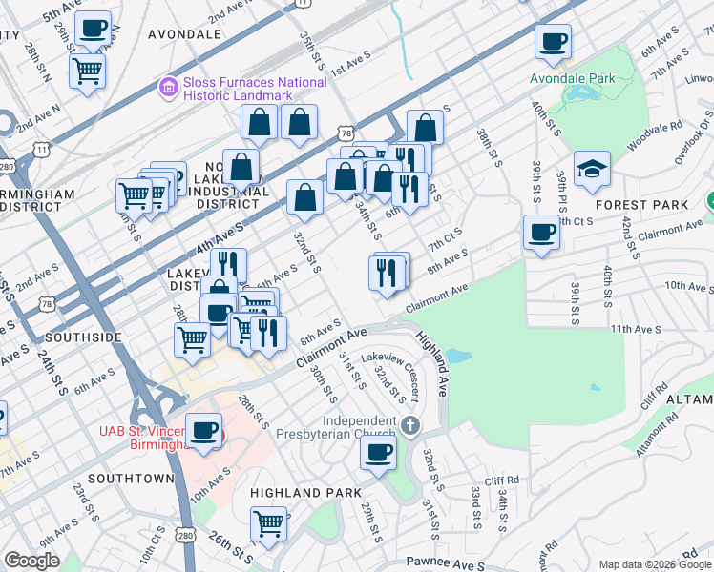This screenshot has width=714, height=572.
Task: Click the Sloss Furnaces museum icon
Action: [x=169, y=89]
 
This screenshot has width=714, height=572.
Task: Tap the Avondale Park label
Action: [x=572, y=75]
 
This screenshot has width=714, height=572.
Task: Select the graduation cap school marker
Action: [x=592, y=169]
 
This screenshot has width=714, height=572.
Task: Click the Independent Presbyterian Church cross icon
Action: [x=410, y=424]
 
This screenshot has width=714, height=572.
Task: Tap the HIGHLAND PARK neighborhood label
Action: [x=305, y=492]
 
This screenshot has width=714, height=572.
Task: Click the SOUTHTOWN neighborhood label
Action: [x=131, y=477]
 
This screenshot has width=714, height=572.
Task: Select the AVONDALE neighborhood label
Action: [x=185, y=34]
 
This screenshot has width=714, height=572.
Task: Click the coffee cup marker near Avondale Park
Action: [x=553, y=42]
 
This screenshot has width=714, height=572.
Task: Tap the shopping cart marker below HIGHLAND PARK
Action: [x=270, y=523]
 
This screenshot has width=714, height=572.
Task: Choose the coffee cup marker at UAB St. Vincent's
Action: [x=204, y=431]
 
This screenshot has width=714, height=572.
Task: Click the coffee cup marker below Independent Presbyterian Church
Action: [x=378, y=452]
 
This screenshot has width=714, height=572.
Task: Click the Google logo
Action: [x=31, y=561]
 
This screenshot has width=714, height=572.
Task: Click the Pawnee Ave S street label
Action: [x=445, y=564]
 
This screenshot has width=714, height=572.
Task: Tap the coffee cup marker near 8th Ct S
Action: [x=542, y=233]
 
